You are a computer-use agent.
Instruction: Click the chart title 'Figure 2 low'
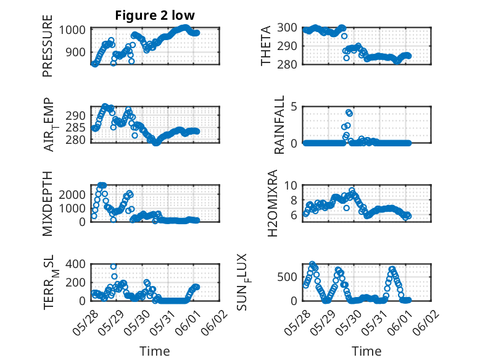(x=155, y=15)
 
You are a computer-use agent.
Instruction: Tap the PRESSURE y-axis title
(x=48, y=46)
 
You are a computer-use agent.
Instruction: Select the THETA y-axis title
(x=266, y=46)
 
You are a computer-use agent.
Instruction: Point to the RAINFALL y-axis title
(x=279, y=125)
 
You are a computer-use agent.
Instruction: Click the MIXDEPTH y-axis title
(x=48, y=203)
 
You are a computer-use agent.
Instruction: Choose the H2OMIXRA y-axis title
(x=272, y=203)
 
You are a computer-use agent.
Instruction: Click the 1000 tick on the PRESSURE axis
(x=72, y=30)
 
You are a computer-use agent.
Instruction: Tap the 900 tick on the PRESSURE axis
(x=76, y=52)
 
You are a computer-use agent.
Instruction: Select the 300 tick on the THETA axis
(x=287, y=28)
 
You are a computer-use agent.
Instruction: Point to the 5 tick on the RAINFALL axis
(x=294, y=107)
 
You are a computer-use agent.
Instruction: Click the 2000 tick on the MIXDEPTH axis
(x=72, y=195)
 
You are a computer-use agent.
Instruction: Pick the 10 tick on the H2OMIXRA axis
(x=291, y=185)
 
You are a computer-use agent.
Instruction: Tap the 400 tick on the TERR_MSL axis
(x=76, y=264)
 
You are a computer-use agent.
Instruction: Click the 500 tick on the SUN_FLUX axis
(x=287, y=277)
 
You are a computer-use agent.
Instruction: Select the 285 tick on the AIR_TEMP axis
(x=76, y=127)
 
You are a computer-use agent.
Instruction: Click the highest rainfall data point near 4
(x=349, y=112)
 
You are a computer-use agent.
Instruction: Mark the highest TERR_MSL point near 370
(x=114, y=267)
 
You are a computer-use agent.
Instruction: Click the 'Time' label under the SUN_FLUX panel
(x=366, y=351)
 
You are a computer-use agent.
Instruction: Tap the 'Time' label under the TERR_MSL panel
(x=155, y=351)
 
